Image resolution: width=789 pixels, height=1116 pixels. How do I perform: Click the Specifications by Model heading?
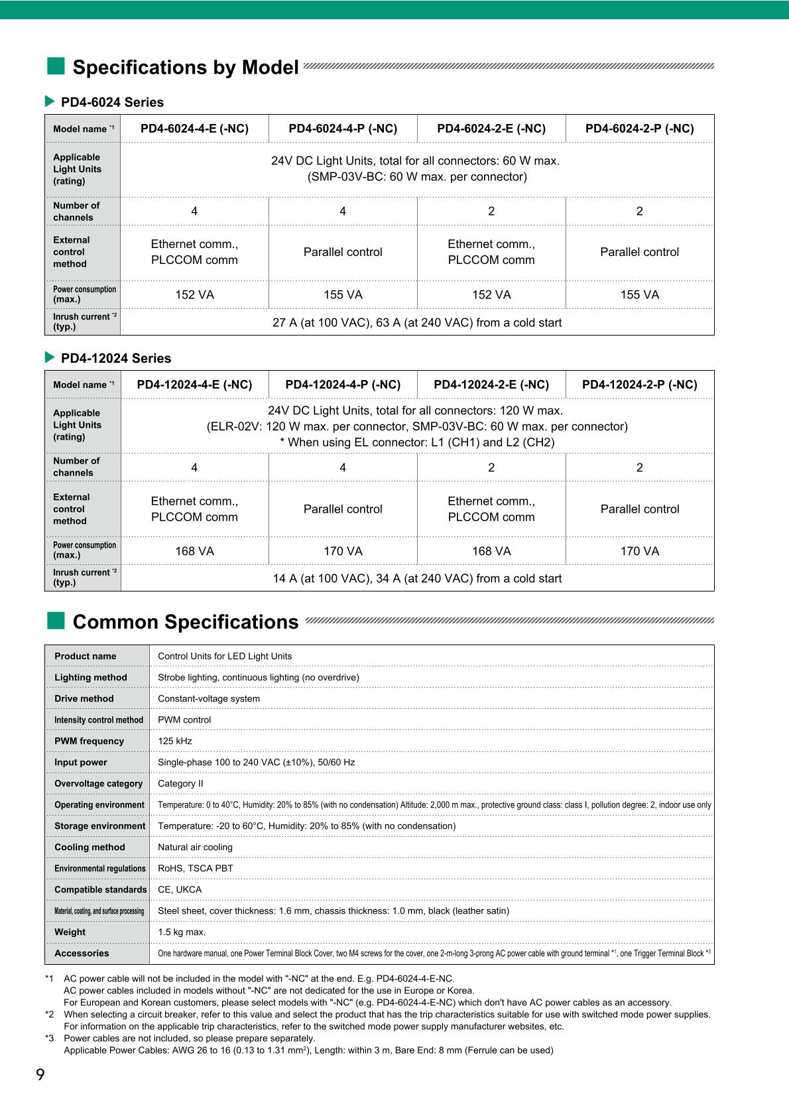[x=185, y=68]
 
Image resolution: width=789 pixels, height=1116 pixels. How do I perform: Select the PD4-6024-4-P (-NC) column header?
[x=343, y=129]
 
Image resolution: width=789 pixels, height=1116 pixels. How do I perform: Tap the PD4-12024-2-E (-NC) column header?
[x=491, y=385]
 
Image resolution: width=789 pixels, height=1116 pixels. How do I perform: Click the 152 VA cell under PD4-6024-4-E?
[x=194, y=295]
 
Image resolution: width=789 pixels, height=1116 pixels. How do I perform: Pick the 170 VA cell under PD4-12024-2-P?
[x=640, y=551]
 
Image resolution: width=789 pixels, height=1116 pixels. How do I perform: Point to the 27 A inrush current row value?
[x=417, y=323]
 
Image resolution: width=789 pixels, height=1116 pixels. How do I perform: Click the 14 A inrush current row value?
[x=417, y=579]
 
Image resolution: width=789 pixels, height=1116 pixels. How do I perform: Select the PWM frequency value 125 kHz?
[x=175, y=741]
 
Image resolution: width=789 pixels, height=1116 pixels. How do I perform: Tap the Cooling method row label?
[x=90, y=847]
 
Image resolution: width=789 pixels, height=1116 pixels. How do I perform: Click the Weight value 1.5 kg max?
[x=182, y=932]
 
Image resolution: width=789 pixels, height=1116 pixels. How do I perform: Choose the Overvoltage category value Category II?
[x=180, y=784]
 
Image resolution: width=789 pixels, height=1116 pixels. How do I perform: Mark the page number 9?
[x=40, y=1075]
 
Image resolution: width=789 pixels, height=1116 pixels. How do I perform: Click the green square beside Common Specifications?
[x=56, y=621]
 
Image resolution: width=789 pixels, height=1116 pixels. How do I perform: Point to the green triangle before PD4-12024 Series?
[x=50, y=357]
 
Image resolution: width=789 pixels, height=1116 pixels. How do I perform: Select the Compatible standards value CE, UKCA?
[x=180, y=890]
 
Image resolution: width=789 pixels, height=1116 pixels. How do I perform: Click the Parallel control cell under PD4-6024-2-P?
[x=640, y=252]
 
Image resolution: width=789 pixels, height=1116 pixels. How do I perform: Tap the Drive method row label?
[x=84, y=699]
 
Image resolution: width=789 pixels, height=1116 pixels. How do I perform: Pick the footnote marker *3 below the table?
[x=50, y=1038]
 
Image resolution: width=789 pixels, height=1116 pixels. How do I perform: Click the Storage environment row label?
[x=99, y=826]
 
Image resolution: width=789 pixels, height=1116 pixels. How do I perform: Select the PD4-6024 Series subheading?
[x=112, y=102]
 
